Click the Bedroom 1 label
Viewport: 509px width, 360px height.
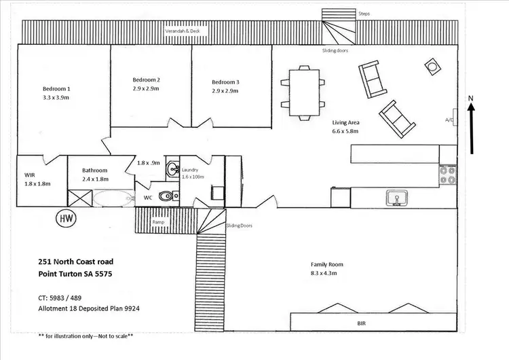(x=56, y=89)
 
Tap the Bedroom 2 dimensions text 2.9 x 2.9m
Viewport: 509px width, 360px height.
(x=146, y=89)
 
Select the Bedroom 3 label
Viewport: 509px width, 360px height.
(x=225, y=82)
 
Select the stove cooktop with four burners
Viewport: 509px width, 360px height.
(x=447, y=176)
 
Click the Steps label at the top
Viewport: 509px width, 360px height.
(x=364, y=13)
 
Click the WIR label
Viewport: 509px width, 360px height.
(x=29, y=175)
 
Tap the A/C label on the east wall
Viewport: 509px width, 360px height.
(x=449, y=120)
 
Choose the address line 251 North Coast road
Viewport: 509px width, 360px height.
(x=75, y=262)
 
